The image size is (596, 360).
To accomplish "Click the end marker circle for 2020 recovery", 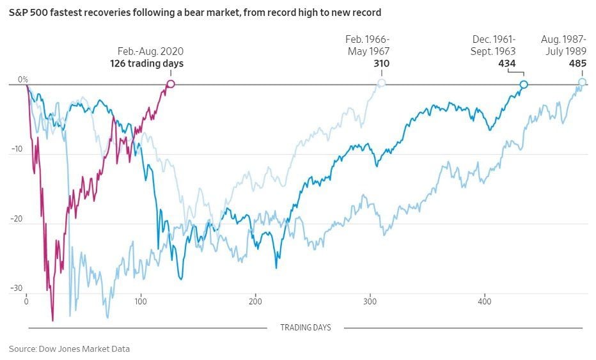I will (x=171, y=84).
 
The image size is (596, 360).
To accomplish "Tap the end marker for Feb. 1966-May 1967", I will (x=382, y=83).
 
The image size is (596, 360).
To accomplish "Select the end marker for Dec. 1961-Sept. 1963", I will (x=524, y=84).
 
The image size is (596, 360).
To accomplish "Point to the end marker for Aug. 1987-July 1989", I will (x=582, y=82).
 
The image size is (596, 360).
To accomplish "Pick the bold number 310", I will (x=382, y=63).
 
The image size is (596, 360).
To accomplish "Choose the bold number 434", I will (x=507, y=63).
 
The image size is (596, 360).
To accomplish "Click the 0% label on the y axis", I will (x=23, y=79).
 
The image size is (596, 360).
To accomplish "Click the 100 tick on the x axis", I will (x=141, y=301).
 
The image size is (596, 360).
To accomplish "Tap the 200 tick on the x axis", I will (x=256, y=301).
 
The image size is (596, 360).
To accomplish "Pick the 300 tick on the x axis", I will (x=370, y=301).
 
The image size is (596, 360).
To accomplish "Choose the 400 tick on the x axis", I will (x=485, y=301).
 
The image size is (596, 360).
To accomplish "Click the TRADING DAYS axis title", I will (x=306, y=328).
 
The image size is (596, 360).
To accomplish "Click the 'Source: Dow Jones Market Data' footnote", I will (x=69, y=348).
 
